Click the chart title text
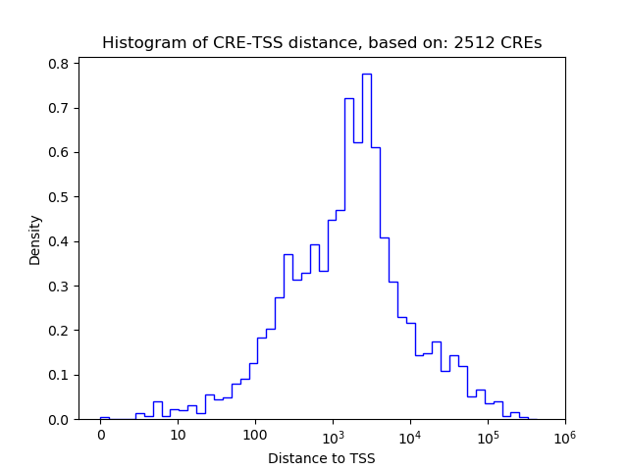tap(321, 43)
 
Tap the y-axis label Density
tap(35, 239)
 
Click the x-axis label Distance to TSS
tap(321, 457)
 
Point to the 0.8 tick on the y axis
tap(60, 64)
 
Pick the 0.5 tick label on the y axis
tap(60, 197)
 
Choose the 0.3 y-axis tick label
tap(60, 287)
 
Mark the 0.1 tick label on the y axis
tap(60, 375)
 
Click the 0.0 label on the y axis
tap(60, 420)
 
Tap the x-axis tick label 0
tap(100, 435)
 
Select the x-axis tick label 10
tap(178, 435)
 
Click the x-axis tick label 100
tap(255, 435)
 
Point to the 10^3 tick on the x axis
tap(333, 434)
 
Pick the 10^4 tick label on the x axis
tap(410, 434)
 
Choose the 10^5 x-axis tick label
tap(488, 434)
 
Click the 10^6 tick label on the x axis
tap(564, 434)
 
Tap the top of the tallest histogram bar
tap(366, 74)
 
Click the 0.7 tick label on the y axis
tap(60, 108)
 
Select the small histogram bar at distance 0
tap(104, 418)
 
